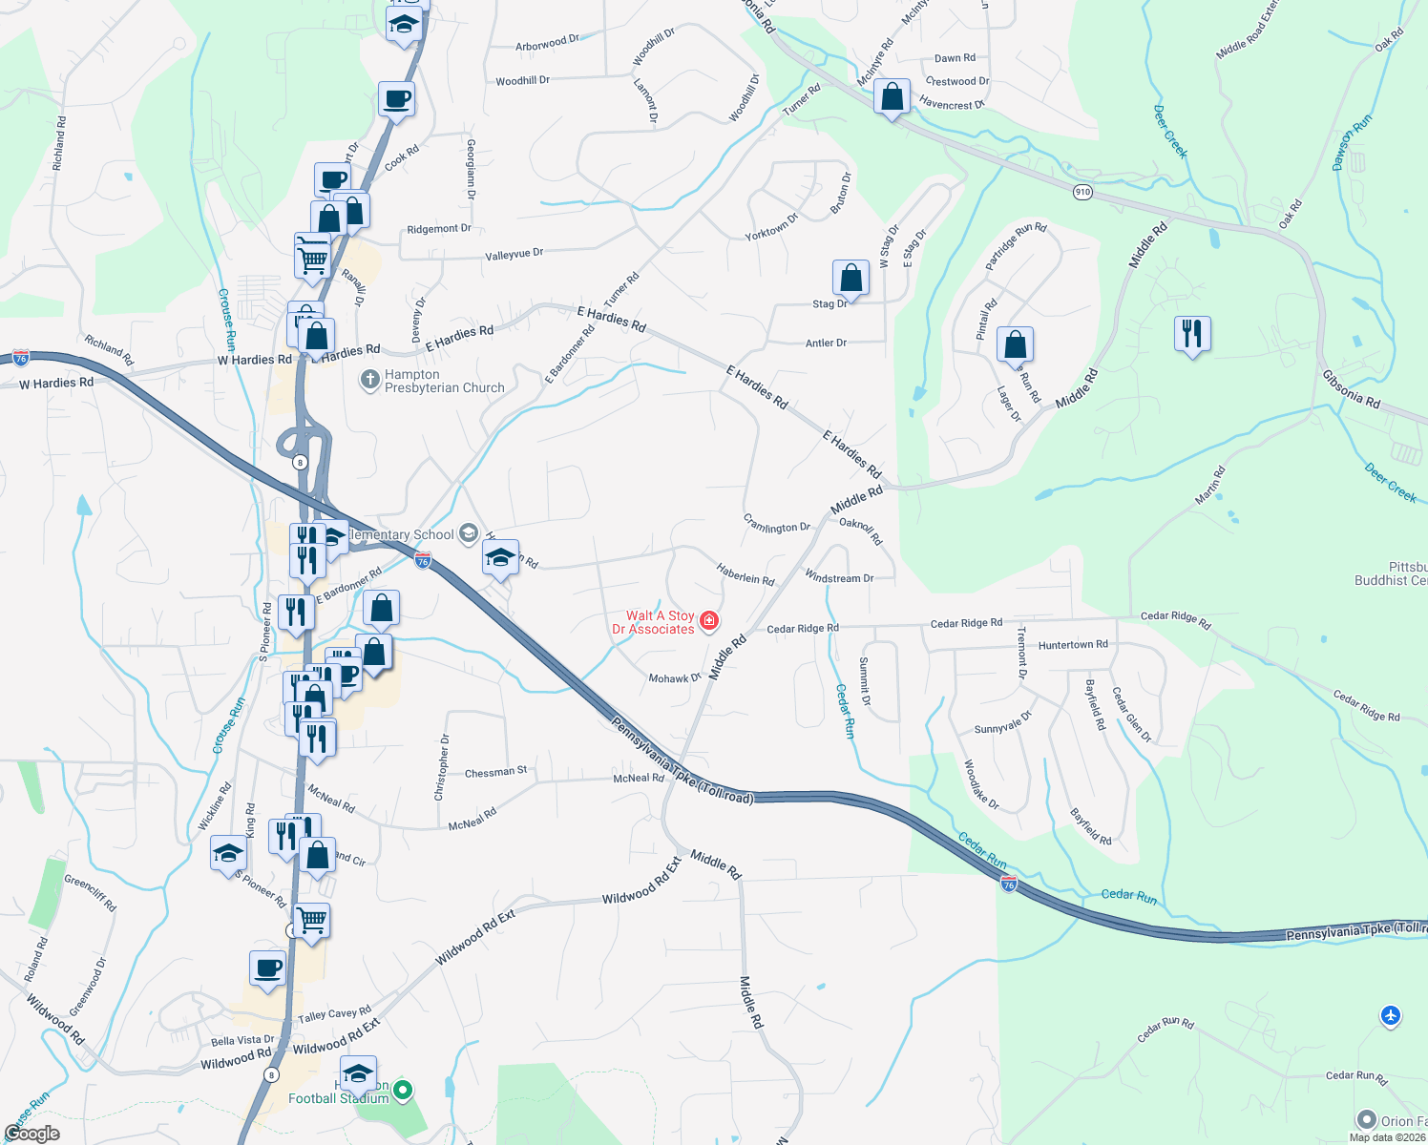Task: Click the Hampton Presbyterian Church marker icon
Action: [x=369, y=381]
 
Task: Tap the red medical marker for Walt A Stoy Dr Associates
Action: [x=709, y=622]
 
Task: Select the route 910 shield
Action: [x=1081, y=192]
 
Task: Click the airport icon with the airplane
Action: [x=1391, y=1016]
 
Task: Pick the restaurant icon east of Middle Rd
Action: [x=1192, y=334]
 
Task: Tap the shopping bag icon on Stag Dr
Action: [x=850, y=279]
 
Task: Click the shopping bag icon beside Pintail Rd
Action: [x=1015, y=344]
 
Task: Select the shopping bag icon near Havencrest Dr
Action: [x=892, y=97]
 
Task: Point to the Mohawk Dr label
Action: [x=675, y=678]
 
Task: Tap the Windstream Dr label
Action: [x=839, y=578]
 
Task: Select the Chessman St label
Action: [x=495, y=772]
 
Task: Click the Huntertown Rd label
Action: [x=1073, y=645]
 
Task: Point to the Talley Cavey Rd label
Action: [x=334, y=1015]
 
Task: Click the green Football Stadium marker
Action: [x=403, y=1089]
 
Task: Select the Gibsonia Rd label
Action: [x=1351, y=389]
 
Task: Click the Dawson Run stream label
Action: [x=1352, y=143]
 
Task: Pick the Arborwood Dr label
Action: [x=547, y=44]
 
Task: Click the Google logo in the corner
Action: [x=31, y=1133]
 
